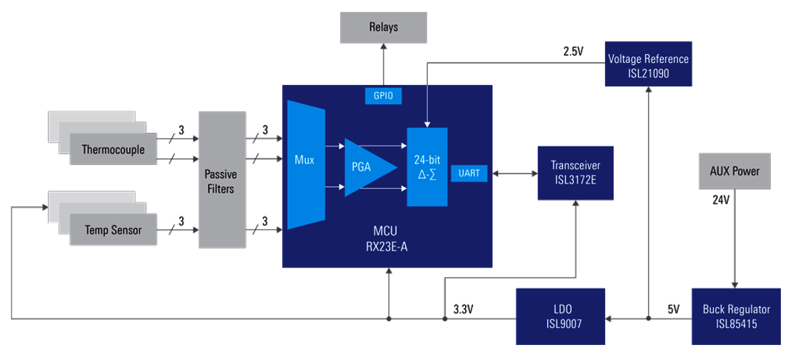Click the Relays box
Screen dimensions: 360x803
pos(384,27)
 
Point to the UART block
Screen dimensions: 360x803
pos(469,172)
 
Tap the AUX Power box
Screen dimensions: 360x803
pos(734,171)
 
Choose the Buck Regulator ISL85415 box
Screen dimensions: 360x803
pos(735,316)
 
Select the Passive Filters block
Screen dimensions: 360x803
pos(221,180)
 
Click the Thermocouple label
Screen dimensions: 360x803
pos(113,150)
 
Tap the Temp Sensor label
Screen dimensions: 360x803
pos(113,230)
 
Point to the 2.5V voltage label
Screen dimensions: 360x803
pos(573,52)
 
